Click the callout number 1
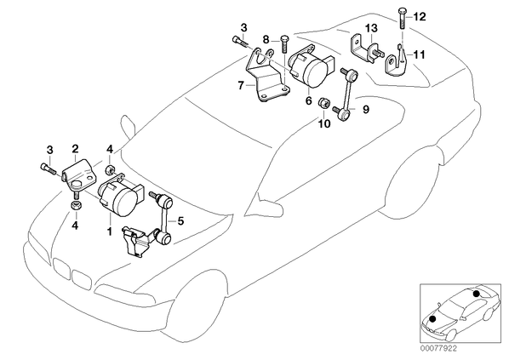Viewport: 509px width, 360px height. [110, 231]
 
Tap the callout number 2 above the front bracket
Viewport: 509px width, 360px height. [75, 149]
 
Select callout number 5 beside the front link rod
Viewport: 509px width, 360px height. [180, 221]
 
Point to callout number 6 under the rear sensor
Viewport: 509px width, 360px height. [308, 100]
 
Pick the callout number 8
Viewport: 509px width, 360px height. [266, 40]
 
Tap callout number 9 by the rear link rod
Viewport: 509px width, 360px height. [366, 110]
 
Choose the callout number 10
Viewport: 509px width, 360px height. [324, 123]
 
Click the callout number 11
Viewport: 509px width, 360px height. [419, 54]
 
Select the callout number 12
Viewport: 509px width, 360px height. [419, 16]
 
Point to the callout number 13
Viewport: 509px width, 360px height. [371, 28]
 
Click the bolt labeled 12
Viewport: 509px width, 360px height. [402, 19]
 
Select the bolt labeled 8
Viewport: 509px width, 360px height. [283, 43]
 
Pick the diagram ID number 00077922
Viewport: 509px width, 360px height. [438, 349]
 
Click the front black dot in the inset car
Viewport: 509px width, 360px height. [432, 319]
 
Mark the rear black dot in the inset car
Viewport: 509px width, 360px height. [476, 294]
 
